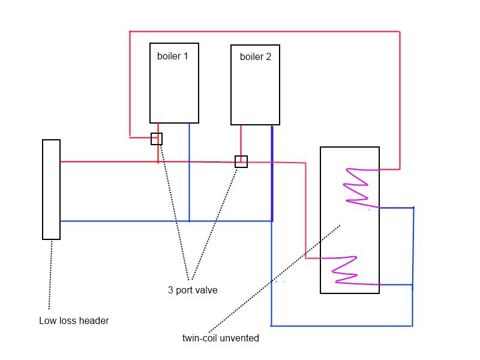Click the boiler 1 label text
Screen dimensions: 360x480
coord(172,56)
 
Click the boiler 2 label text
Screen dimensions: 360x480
coord(255,57)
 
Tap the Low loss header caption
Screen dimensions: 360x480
coord(74,321)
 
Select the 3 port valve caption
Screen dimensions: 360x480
coord(193,290)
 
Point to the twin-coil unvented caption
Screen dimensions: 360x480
coord(221,338)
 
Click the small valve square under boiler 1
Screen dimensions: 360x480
coord(157,139)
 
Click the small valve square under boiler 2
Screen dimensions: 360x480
coord(241,161)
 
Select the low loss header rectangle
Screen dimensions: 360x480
coord(51,190)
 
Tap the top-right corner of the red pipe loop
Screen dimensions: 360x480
coord(400,31)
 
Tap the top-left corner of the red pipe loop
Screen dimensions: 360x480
coord(130,31)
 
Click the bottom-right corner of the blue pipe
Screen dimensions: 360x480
coord(412,326)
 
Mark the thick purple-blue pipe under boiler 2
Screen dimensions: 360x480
coord(272,174)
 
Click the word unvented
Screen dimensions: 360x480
coord(239,338)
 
